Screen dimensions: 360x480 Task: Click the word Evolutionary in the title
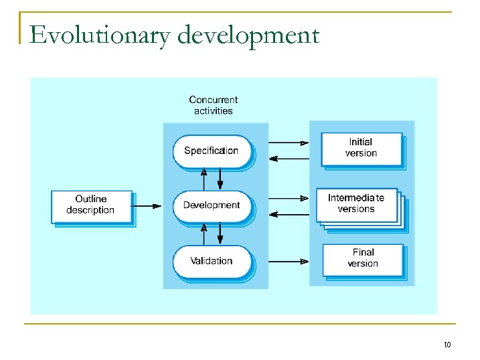pos(100,35)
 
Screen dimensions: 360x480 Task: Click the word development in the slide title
pos(248,35)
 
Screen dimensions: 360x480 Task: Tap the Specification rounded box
pos(211,151)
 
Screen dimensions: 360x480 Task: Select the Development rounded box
pos(211,205)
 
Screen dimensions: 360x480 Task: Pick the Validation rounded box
pos(211,261)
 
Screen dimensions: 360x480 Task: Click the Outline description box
pos(91,205)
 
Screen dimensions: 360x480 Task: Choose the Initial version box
pos(361,148)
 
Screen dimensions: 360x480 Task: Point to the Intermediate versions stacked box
pos(357,203)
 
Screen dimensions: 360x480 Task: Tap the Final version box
pos(362,258)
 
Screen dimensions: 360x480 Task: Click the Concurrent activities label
pos(213,106)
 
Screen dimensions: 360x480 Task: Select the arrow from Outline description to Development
pos(147,206)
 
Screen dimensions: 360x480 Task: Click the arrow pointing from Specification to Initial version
pos(288,143)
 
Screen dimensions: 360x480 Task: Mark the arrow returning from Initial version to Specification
pos(288,159)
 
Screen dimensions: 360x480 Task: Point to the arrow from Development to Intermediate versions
pos(288,198)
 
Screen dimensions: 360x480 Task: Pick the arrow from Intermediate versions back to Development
pos(288,214)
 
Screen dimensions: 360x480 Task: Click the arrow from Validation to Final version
pos(288,261)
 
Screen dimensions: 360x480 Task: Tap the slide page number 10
pos(447,345)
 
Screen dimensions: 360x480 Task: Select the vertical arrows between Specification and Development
pos(212,179)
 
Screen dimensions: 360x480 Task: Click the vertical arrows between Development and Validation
pos(212,234)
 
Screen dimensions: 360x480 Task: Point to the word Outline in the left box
pos(90,199)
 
